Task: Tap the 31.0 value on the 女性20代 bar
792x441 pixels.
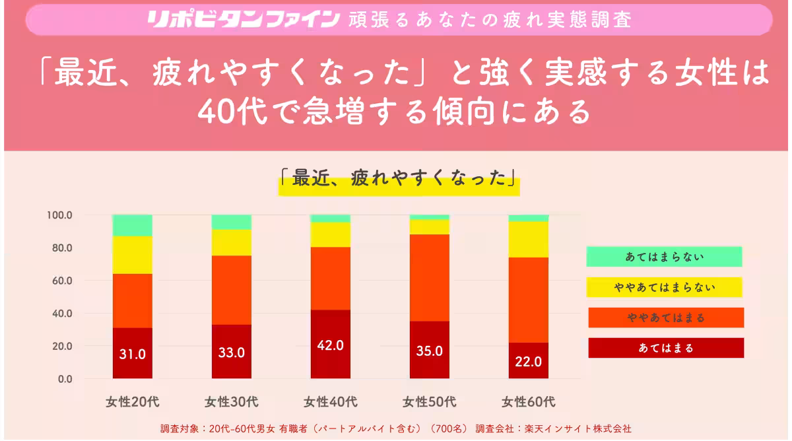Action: (x=133, y=354)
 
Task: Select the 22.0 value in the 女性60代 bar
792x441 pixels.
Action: (x=529, y=362)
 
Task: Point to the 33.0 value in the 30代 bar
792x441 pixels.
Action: (x=232, y=353)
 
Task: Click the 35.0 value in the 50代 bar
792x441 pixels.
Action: (x=430, y=351)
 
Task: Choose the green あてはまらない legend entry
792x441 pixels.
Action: (x=664, y=257)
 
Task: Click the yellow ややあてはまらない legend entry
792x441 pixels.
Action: (x=664, y=287)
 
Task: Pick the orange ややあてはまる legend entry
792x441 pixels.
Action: (x=666, y=318)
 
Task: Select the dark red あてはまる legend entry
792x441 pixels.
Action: (x=666, y=348)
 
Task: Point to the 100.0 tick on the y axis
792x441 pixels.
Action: (x=59, y=215)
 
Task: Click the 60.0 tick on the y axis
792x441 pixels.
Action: (x=61, y=281)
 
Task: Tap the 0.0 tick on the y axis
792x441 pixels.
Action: (x=65, y=379)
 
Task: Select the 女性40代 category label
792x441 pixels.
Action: (x=331, y=401)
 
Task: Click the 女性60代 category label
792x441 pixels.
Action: (x=529, y=401)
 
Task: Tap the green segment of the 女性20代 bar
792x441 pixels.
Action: (x=133, y=225)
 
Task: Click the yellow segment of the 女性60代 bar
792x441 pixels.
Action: (x=529, y=239)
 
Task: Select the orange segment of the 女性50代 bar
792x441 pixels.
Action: (x=430, y=277)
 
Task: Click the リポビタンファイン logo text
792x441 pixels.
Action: (x=244, y=18)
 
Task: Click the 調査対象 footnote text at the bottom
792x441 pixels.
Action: (x=396, y=428)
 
